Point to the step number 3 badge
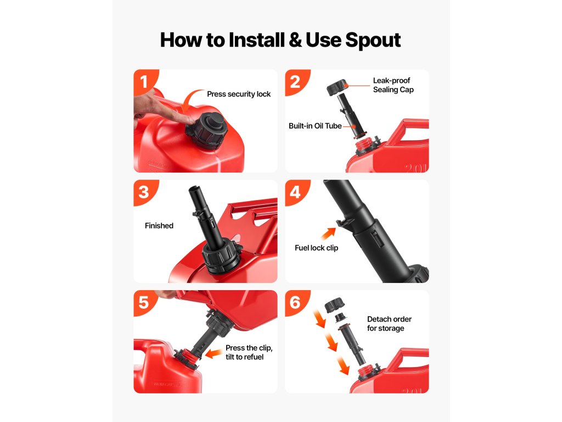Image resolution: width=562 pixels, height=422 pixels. point(144,192)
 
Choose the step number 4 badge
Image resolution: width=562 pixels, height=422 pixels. point(296,192)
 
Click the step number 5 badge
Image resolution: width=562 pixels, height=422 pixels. point(144,302)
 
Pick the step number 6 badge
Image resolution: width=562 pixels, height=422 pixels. point(296,302)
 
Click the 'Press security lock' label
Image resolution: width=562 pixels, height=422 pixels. point(239,94)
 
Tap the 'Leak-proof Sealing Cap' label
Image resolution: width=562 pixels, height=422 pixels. point(393,85)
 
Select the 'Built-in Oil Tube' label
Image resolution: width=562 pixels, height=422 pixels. point(315,126)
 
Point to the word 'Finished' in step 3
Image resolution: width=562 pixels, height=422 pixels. point(159,226)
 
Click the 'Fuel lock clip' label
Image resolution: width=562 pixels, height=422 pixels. point(317,248)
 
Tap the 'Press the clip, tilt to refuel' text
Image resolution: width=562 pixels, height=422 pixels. point(249,352)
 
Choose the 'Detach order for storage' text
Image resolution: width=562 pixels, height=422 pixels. point(389,324)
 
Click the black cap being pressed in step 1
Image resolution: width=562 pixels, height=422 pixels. point(207,127)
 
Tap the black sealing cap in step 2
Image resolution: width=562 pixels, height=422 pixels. point(337,87)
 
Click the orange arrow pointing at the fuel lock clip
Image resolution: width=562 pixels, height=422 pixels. point(328,234)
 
